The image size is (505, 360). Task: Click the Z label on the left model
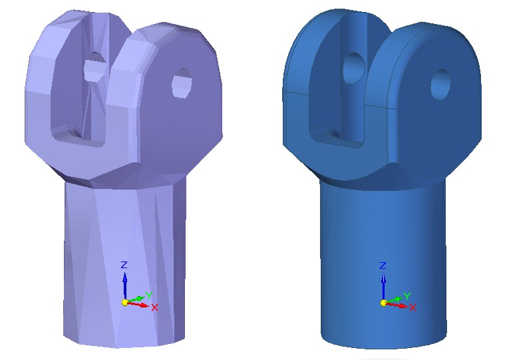pos(124,265)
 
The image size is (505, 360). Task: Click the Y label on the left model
pos(149,295)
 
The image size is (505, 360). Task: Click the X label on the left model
pos(154,307)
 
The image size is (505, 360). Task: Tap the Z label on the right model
pos(383,266)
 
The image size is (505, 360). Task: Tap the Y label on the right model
pos(407,295)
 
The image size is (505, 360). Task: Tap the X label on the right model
pos(413,307)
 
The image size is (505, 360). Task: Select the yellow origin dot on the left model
pos(124,302)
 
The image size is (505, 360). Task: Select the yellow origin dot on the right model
pos(383,303)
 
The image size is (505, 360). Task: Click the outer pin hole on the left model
pos(181,83)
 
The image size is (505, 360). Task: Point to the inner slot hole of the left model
pos(94,69)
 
